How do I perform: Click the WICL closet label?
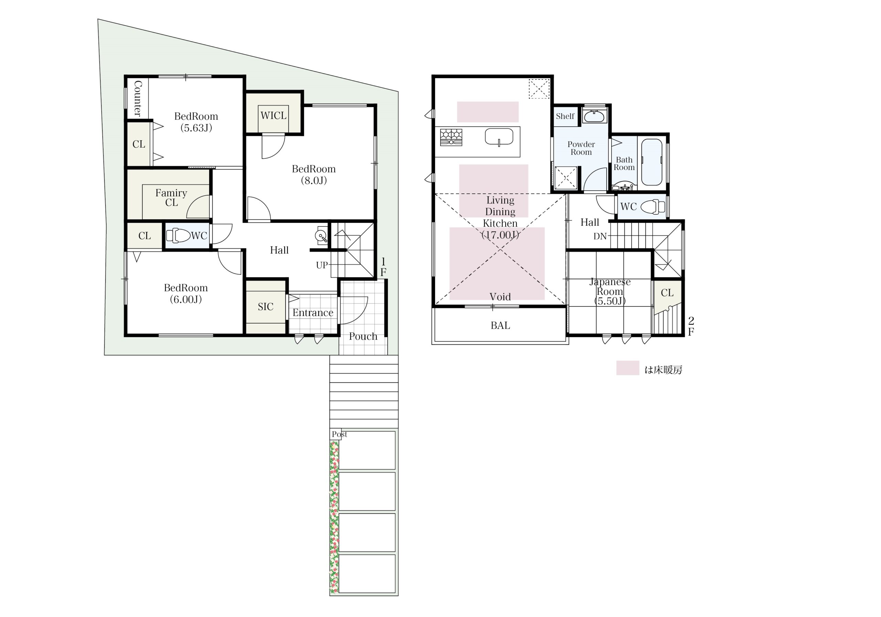[273, 116]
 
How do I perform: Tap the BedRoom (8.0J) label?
[314, 174]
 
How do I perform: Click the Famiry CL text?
[171, 198]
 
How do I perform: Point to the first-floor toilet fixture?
[178, 236]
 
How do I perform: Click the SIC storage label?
[266, 307]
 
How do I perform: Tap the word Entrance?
[313, 313]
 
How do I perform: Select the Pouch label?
[363, 337]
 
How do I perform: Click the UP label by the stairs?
[322, 265]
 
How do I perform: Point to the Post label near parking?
[340, 434]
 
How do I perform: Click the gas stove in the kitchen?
[451, 137]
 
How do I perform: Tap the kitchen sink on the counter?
[499, 137]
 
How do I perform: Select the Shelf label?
[565, 116]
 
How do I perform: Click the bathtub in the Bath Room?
[651, 162]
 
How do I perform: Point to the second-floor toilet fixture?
[653, 206]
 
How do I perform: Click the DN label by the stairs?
[600, 236]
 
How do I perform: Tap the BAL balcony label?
[500, 326]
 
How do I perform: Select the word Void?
[500, 297]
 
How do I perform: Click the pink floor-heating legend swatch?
[628, 368]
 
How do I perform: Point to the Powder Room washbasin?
[594, 116]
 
